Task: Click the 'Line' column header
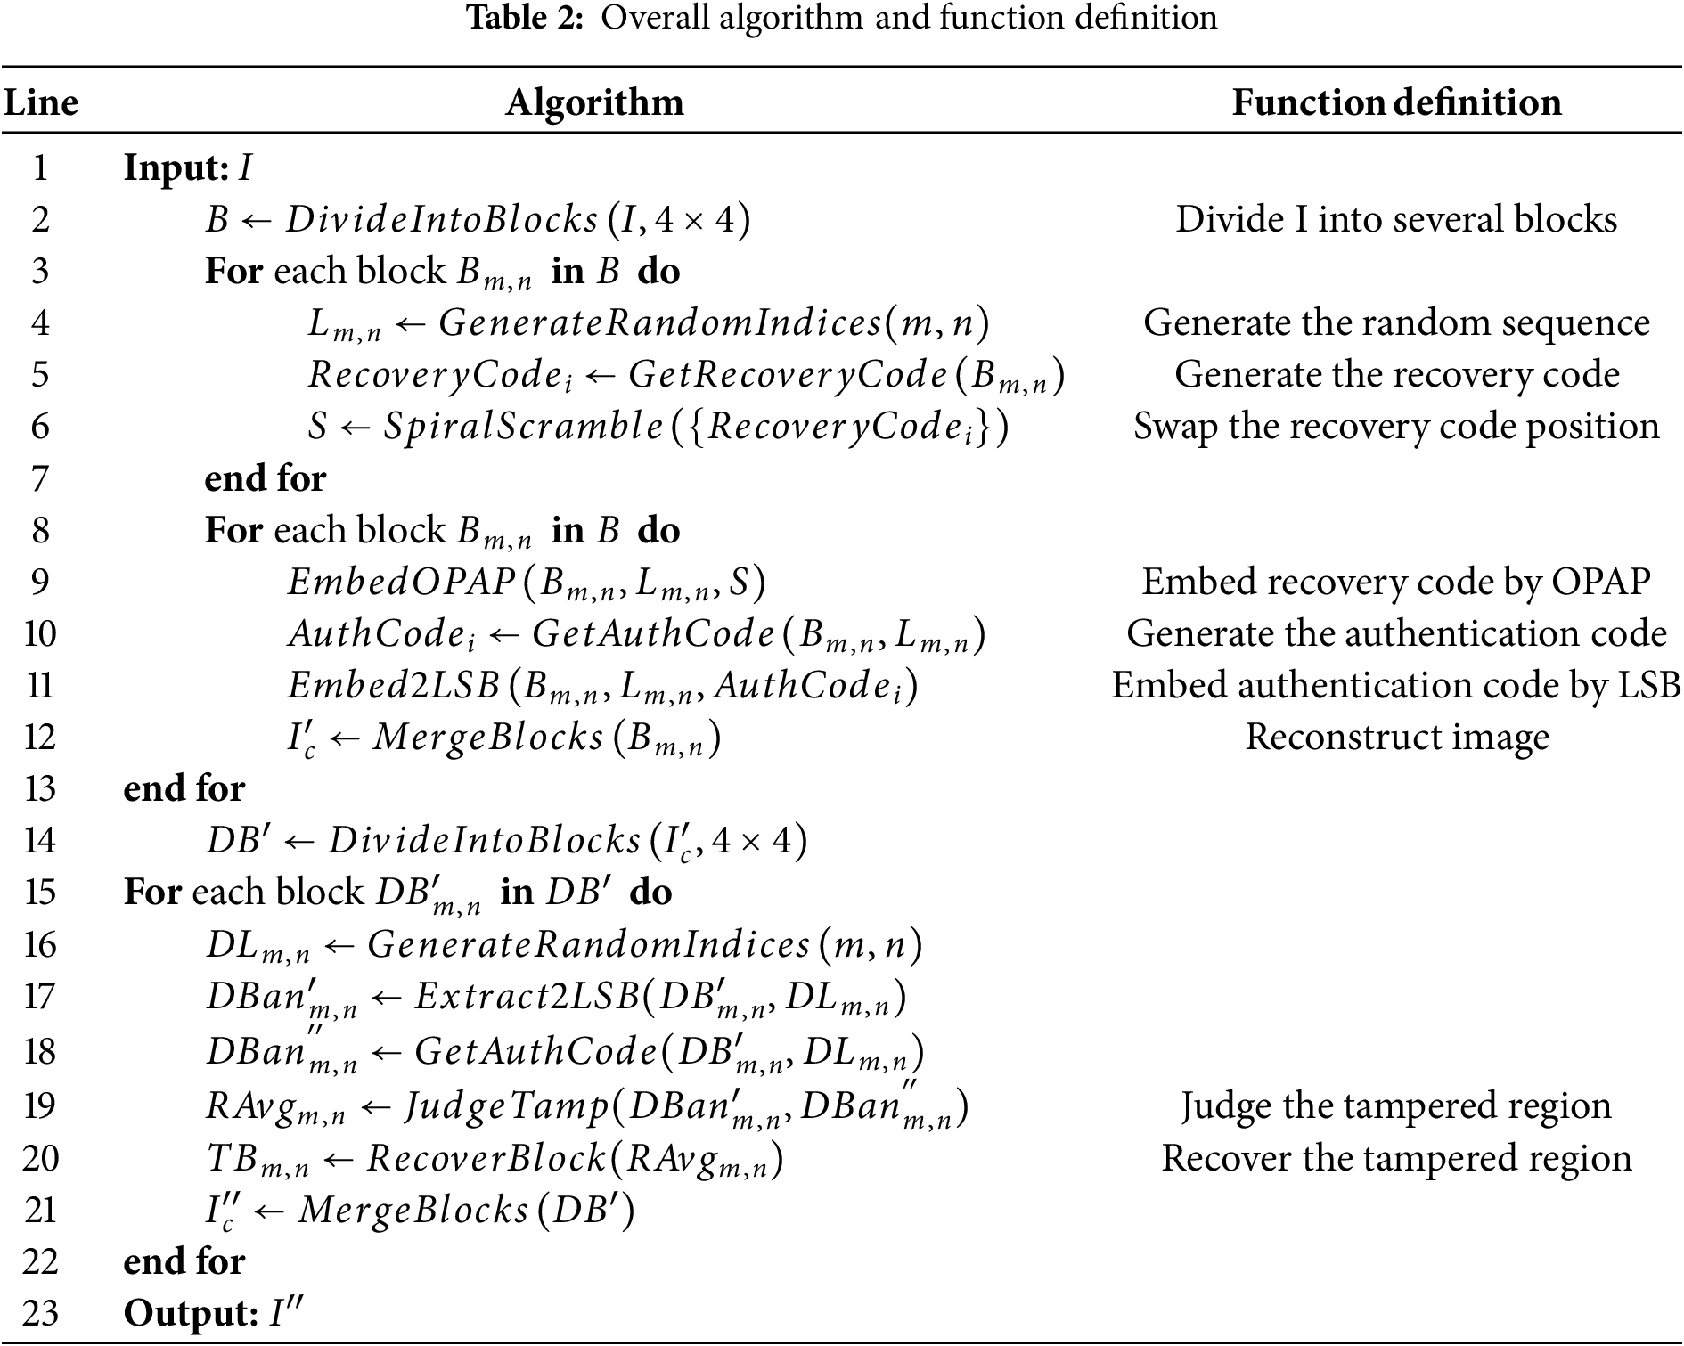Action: (41, 103)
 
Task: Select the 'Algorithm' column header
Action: (594, 103)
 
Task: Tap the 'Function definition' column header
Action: (1396, 103)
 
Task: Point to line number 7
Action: (40, 478)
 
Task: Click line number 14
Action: (40, 840)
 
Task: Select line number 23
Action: (40, 1313)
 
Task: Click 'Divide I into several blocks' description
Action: (1396, 219)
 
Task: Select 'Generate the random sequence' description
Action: (1396, 322)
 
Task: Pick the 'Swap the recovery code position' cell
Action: (1396, 426)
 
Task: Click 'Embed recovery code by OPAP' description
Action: (1396, 582)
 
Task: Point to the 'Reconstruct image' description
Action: (1396, 737)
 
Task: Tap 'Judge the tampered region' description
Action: (1396, 1105)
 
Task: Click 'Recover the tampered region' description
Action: (1396, 1158)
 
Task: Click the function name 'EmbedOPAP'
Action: (402, 583)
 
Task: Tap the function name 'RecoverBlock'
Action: (486, 1159)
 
